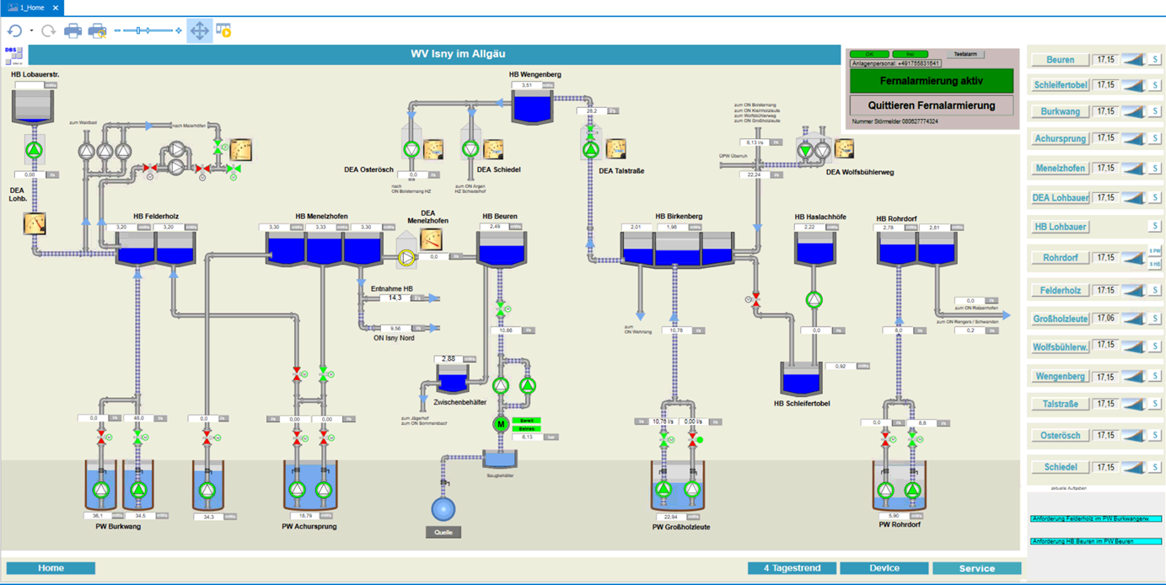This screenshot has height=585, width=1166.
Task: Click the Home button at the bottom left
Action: tap(51, 568)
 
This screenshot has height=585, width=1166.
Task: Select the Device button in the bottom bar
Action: tap(884, 568)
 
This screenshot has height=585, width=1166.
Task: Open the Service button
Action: tap(976, 568)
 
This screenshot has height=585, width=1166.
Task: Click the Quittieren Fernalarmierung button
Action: tap(931, 105)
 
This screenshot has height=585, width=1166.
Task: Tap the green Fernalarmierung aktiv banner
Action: tap(931, 81)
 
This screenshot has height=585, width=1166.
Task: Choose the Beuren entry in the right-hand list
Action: tap(1060, 60)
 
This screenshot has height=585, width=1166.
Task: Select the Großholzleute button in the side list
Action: tap(1060, 319)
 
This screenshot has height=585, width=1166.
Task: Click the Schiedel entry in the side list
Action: tap(1060, 467)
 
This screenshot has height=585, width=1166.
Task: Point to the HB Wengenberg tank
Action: tap(532, 108)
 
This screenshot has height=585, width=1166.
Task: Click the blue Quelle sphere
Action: tap(443, 509)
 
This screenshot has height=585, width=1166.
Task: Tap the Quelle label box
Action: tap(443, 532)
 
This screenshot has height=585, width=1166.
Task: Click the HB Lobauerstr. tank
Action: tap(33, 107)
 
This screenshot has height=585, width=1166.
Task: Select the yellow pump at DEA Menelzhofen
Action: tap(407, 257)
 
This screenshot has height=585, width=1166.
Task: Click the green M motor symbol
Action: tap(500, 424)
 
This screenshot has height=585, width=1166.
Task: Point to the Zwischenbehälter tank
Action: tap(453, 380)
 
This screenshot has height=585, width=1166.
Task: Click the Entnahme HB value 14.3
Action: tap(395, 298)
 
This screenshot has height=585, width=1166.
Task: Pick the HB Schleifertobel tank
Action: tap(801, 380)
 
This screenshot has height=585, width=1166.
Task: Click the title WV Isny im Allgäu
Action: tap(458, 54)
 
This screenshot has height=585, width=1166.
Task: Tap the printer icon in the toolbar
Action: tap(73, 31)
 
